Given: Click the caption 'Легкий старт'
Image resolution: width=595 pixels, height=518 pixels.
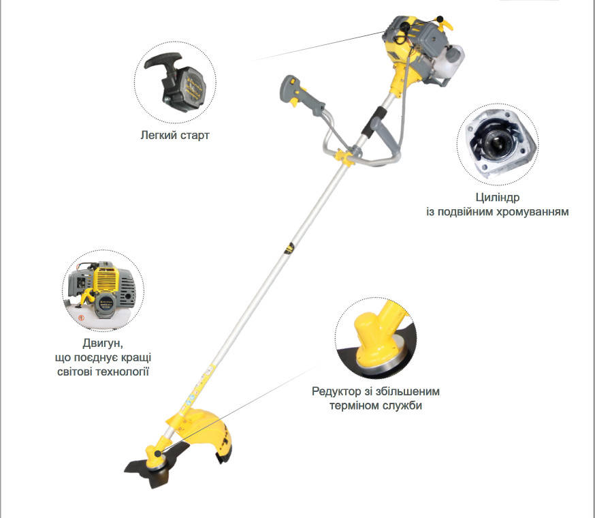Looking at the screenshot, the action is (x=175, y=136).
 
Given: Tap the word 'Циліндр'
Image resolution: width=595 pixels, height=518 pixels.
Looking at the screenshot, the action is (x=498, y=197).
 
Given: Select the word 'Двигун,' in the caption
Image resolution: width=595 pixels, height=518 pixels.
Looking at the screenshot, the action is (x=103, y=344).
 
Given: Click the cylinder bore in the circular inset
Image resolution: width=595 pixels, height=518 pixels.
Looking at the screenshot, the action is (x=496, y=143).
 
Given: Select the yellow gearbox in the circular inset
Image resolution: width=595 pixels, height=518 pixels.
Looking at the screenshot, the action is (x=378, y=335).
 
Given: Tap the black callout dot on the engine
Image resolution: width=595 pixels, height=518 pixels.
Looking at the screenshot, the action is (x=440, y=18).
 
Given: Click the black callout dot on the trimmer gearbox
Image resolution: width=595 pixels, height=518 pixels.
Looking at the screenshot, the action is (x=157, y=453).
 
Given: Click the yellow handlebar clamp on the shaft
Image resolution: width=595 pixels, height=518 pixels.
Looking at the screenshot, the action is (x=344, y=157).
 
